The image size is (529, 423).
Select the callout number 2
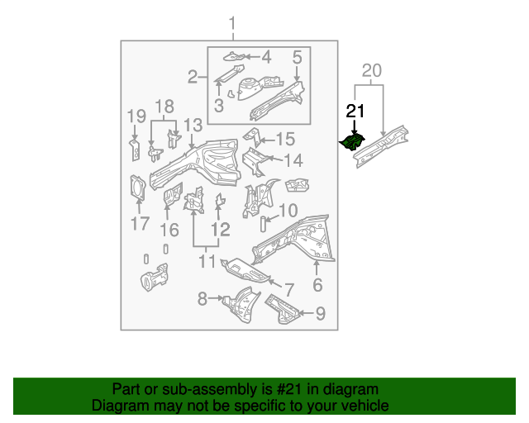click(193, 78)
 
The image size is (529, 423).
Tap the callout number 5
click(296, 56)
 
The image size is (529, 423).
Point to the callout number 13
click(193, 125)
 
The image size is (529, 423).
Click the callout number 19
click(136, 116)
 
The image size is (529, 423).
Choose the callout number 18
click(164, 107)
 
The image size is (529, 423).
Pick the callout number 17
click(139, 223)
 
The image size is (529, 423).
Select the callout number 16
click(169, 229)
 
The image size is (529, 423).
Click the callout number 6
click(317, 286)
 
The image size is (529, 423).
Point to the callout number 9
click(321, 313)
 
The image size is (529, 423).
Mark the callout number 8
click(202, 298)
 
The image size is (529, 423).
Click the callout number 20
click(372, 72)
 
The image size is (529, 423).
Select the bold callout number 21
click(355, 112)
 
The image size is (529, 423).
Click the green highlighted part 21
click(354, 142)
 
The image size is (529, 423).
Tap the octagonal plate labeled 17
click(138, 188)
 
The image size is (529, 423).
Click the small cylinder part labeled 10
click(264, 222)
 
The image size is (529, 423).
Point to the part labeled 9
click(282, 310)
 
